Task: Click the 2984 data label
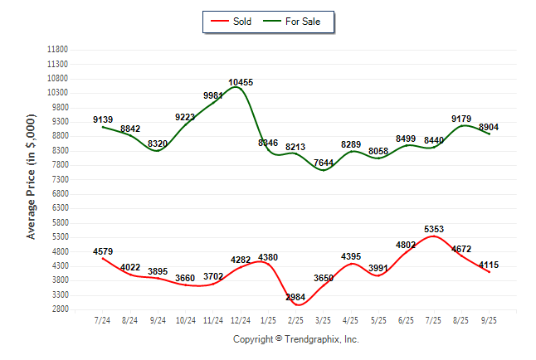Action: click(295, 296)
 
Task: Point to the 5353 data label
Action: click(434, 228)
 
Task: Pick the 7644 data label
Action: click(324, 162)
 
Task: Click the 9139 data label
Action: click(103, 119)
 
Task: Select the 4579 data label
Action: click(103, 251)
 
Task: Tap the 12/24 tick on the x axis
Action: click(241, 319)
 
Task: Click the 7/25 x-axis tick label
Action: click(434, 319)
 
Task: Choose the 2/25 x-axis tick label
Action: click(296, 319)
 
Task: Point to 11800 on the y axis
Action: click(59, 49)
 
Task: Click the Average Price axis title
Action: click(32, 179)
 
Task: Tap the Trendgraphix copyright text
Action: click(295, 339)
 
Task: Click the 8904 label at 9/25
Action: click(490, 128)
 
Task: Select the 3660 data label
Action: click(186, 278)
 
